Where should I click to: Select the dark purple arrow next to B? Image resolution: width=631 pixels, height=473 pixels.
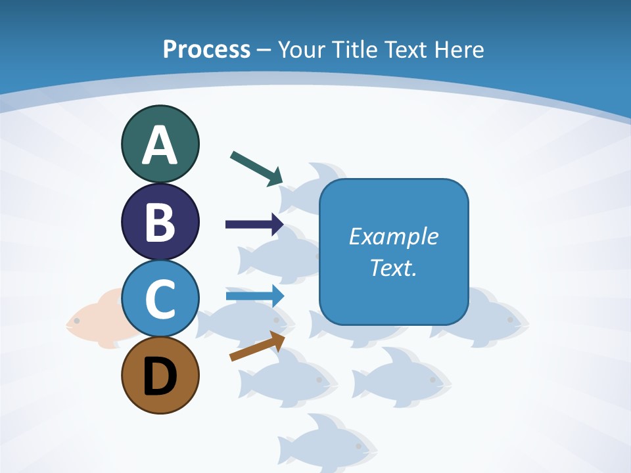254,225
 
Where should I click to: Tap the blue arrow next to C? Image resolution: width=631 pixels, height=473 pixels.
254,296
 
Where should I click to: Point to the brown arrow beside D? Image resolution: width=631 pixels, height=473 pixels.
257,346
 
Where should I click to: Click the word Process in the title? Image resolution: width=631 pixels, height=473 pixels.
206,49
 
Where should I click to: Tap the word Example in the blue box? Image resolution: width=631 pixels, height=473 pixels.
393,236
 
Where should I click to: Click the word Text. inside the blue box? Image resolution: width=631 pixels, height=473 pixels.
393,267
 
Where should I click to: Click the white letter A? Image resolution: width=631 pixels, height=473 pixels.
160,145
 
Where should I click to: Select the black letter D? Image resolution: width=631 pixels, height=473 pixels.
160,377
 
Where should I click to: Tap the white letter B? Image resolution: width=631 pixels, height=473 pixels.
160,222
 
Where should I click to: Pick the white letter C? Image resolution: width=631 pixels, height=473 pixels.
160,299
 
